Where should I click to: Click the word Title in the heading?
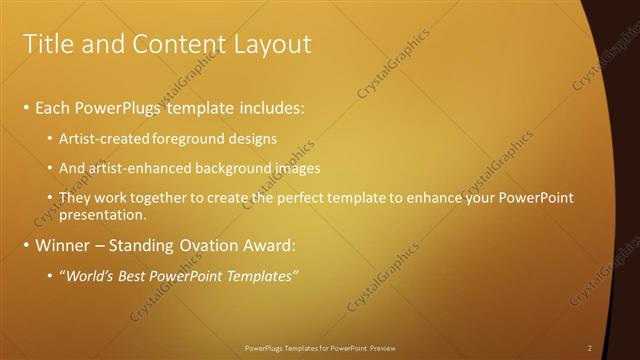click(45, 44)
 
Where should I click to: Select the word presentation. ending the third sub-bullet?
click(103, 214)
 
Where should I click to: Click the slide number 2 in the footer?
click(589, 348)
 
